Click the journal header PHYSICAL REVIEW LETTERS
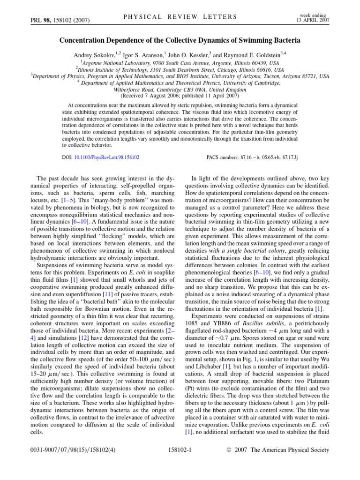[x=180, y=17]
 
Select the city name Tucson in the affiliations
[x=271, y=76]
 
